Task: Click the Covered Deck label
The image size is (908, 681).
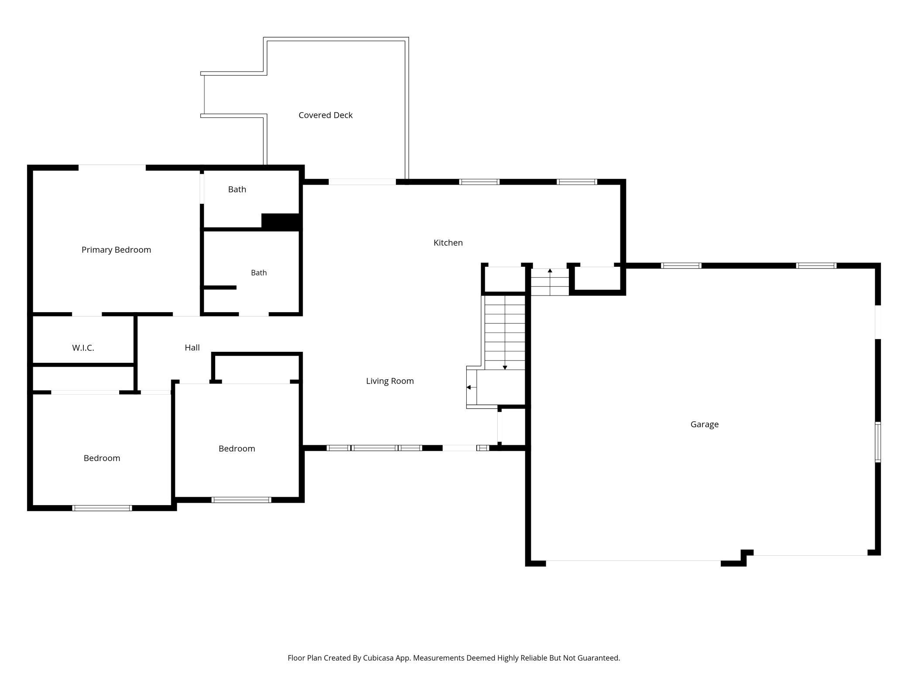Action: tap(325, 115)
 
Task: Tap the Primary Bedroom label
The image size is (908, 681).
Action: tap(116, 250)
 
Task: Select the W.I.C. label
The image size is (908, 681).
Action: tap(83, 348)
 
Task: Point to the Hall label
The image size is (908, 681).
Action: tap(192, 347)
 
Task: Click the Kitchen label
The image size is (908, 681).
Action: tap(448, 243)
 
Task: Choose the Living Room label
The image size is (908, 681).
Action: tap(390, 381)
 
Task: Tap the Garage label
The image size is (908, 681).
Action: tap(705, 424)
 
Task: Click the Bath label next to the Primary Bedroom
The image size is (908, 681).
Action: tap(237, 189)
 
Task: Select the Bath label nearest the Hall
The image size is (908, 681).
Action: tap(259, 273)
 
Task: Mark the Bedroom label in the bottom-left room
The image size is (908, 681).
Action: tap(102, 458)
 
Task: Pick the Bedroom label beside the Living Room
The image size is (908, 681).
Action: tap(237, 448)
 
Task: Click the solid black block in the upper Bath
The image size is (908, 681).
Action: tap(281, 221)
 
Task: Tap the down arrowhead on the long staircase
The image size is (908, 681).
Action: tap(505, 368)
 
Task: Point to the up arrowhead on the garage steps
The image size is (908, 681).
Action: tap(550, 271)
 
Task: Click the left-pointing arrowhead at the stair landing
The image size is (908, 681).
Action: tap(468, 387)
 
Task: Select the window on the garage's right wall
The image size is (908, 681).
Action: tap(878, 442)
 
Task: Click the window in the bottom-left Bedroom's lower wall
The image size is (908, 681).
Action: tap(102, 508)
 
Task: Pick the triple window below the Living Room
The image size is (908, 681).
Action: tap(374, 448)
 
